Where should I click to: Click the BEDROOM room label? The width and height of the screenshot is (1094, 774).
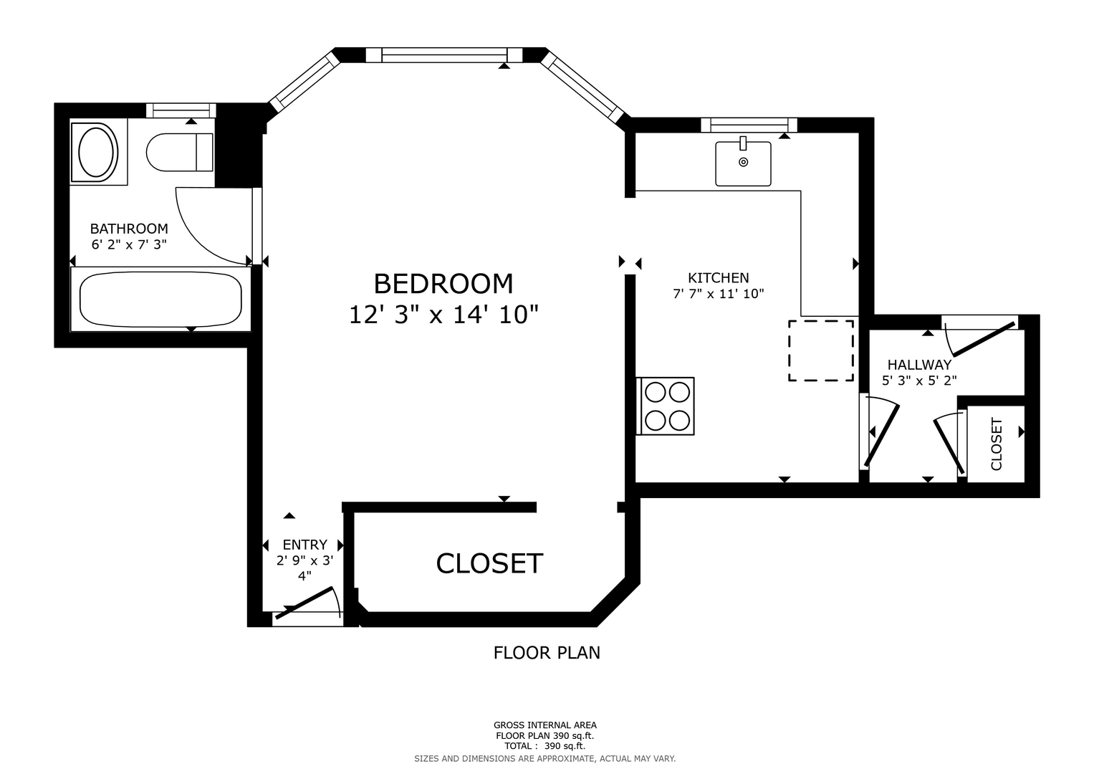[x=443, y=284]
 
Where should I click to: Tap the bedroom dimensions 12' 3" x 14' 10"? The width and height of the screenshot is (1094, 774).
[x=443, y=314]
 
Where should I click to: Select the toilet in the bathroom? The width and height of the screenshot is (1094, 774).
[x=180, y=152]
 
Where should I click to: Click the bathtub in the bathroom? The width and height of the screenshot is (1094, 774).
[x=160, y=299]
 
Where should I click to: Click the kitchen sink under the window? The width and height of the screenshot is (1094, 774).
[x=743, y=163]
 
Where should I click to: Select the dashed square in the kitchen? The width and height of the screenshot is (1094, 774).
[x=821, y=350]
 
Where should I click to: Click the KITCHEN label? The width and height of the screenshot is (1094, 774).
[x=719, y=278]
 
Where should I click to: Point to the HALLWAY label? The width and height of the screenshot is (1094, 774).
[x=919, y=365]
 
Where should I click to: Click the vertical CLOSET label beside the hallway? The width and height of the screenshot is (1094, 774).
[x=997, y=444]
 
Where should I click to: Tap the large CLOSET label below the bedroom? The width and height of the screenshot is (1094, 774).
[x=489, y=563]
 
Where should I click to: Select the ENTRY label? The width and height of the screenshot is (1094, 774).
[x=304, y=545]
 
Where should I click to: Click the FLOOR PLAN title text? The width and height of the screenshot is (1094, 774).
[x=547, y=653]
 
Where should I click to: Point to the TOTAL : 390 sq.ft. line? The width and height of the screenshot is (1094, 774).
[x=544, y=746]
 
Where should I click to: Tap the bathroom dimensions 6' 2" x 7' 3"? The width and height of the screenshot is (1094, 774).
[x=130, y=244]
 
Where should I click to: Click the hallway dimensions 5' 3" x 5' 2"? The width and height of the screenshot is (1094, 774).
[x=919, y=380]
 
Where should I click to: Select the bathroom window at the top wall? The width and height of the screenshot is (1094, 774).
[x=181, y=110]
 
